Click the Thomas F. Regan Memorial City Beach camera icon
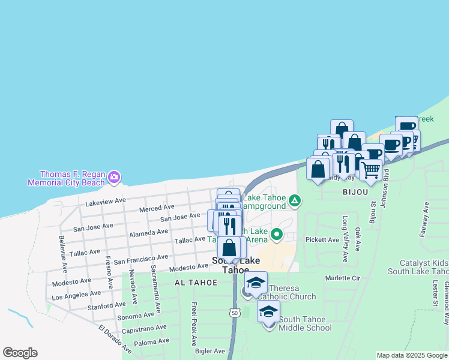pos(114,177)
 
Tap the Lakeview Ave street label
pos(106,201)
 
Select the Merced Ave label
pos(157,208)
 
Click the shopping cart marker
pos(370,170)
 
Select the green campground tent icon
pos(295,200)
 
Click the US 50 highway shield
pos(234,312)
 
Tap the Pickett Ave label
pos(322,240)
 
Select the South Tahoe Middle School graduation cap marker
pos(268,311)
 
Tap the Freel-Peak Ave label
pos(194,323)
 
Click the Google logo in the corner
pos(20,353)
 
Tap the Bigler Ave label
pos(210,351)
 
